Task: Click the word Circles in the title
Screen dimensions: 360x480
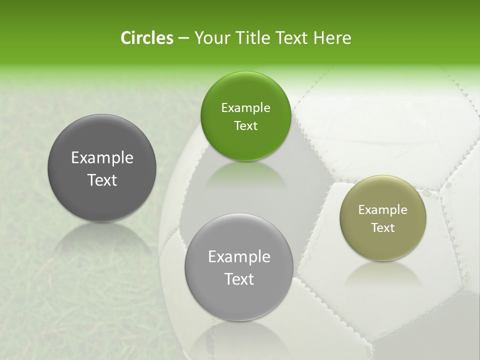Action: pyautogui.click(x=146, y=38)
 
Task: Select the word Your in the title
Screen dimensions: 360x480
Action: pyautogui.click(x=210, y=38)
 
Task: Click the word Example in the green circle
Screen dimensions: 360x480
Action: pyautogui.click(x=245, y=108)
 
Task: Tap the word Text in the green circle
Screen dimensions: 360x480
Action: pyautogui.click(x=245, y=126)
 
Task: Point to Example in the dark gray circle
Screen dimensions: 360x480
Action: pyautogui.click(x=102, y=158)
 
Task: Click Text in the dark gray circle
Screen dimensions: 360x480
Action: pyautogui.click(x=102, y=180)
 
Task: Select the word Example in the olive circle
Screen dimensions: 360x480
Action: pyautogui.click(x=383, y=210)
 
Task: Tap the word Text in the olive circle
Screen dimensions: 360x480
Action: pyautogui.click(x=383, y=228)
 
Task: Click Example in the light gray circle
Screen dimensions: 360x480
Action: pyautogui.click(x=239, y=257)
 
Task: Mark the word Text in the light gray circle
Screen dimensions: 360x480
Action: pyautogui.click(x=239, y=279)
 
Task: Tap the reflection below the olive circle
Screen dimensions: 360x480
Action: pyautogui.click(x=382, y=272)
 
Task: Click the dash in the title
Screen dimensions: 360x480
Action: pyautogui.click(x=183, y=38)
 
